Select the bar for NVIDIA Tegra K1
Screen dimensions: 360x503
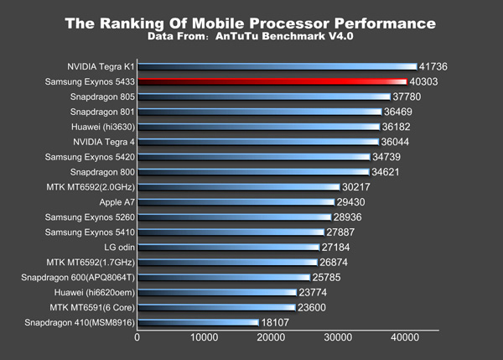277,66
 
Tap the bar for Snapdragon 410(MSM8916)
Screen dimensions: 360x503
198,322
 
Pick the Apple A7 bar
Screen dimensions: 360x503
236,202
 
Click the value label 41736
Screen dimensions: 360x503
437,66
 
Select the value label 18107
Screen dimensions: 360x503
277,322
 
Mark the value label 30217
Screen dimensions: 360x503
358,187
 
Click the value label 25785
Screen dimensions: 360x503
327,277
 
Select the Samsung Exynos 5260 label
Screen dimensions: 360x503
88,217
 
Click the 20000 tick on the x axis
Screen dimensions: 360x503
270,338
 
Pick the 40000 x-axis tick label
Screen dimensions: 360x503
404,338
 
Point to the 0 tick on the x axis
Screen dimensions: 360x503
137,338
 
